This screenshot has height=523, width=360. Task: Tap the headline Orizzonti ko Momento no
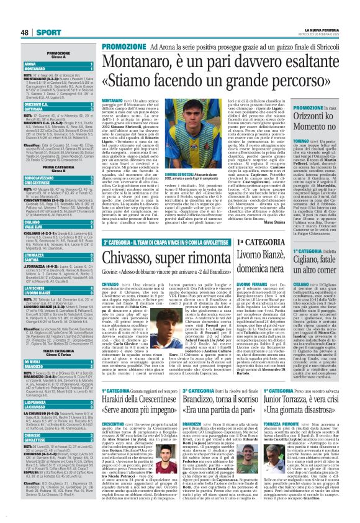coord(328,120)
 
